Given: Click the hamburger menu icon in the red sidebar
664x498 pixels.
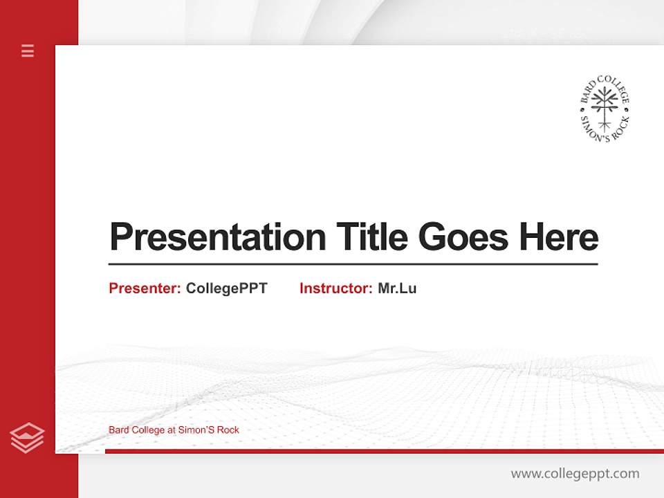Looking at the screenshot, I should tap(28, 50).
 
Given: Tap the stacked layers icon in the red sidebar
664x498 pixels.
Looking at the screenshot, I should tap(27, 438).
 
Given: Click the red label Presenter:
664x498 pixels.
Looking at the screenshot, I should tap(145, 288).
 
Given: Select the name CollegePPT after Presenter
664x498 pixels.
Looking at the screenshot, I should tap(226, 288).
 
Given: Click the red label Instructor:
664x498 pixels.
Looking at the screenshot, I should tap(336, 288).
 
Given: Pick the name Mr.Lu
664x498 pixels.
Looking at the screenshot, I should tap(397, 288).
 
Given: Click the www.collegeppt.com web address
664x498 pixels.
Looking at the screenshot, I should tap(575, 474).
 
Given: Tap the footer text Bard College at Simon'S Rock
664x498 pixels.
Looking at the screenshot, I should tap(174, 430).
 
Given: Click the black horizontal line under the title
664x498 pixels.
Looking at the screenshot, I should tap(353, 264).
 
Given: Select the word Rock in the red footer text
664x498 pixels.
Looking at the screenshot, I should tap(228, 430).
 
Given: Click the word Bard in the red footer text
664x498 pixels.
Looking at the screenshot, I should tap(118, 430).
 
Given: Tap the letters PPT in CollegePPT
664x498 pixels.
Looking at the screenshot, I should tap(252, 288).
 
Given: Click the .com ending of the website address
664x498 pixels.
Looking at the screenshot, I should tap(626, 474).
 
